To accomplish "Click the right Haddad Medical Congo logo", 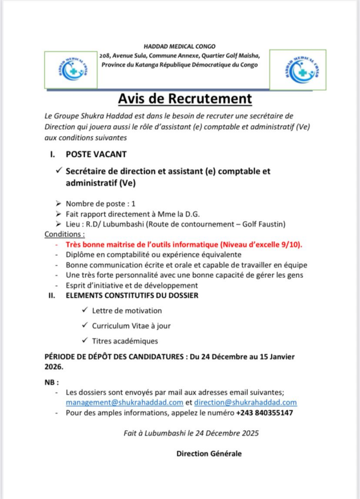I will [x=298, y=69].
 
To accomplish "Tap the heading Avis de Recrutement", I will [x=185, y=98].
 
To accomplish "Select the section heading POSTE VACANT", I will [x=96, y=154].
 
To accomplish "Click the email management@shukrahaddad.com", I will [x=125, y=403].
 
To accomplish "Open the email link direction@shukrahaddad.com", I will [x=246, y=403].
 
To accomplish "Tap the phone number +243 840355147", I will [x=265, y=413].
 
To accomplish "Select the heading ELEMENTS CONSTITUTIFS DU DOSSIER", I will [x=132, y=295].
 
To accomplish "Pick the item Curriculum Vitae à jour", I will [x=132, y=326].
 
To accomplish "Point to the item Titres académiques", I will [x=125, y=341].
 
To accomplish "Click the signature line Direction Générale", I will [x=208, y=453].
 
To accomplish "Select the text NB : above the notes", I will [x=51, y=382].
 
